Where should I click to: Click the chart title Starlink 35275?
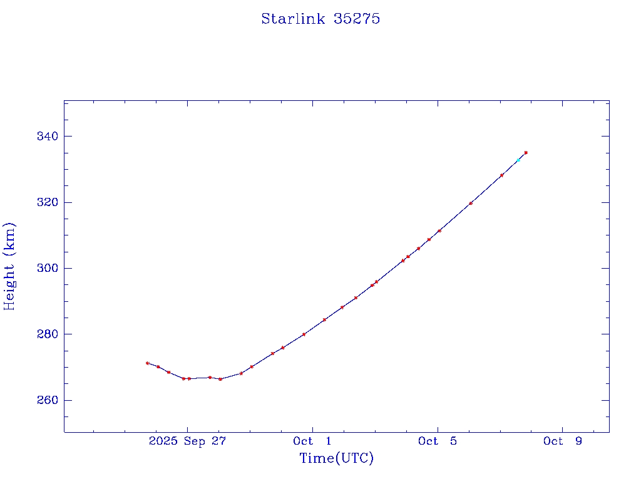coord(320,19)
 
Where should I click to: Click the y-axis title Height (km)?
coord(9,266)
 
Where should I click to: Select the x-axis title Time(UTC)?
coord(336,458)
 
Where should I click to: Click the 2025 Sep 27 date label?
coord(187,441)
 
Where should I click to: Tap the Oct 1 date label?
coord(312,441)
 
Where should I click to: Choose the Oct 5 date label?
coord(438,441)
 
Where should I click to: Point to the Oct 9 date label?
coord(563,441)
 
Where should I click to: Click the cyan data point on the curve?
coord(518,160)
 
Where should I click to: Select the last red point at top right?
coord(526,152)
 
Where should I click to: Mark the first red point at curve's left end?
coord(147,363)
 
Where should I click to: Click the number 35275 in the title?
coord(357,19)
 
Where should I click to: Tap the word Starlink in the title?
coord(293,19)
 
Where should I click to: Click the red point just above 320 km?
coord(471,203)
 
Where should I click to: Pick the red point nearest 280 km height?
coord(304,334)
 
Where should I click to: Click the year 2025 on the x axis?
coord(163,441)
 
